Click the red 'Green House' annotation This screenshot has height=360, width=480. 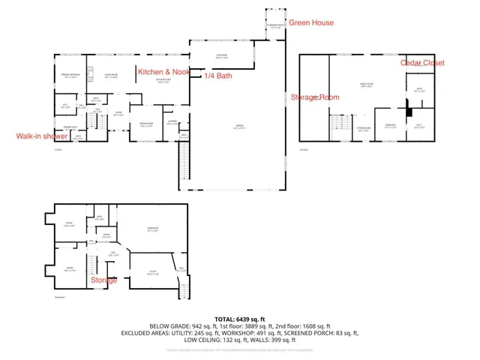pyautogui.click(x=312, y=23)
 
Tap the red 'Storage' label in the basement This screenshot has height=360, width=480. pyautogui.click(x=103, y=280)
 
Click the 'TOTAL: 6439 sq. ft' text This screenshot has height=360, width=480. pyautogui.click(x=240, y=319)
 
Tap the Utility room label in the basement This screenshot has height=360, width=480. pyautogui.click(x=151, y=274)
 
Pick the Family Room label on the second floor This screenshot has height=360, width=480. pyautogui.click(x=367, y=85)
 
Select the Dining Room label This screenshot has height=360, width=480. pyautogui.click(x=146, y=124)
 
